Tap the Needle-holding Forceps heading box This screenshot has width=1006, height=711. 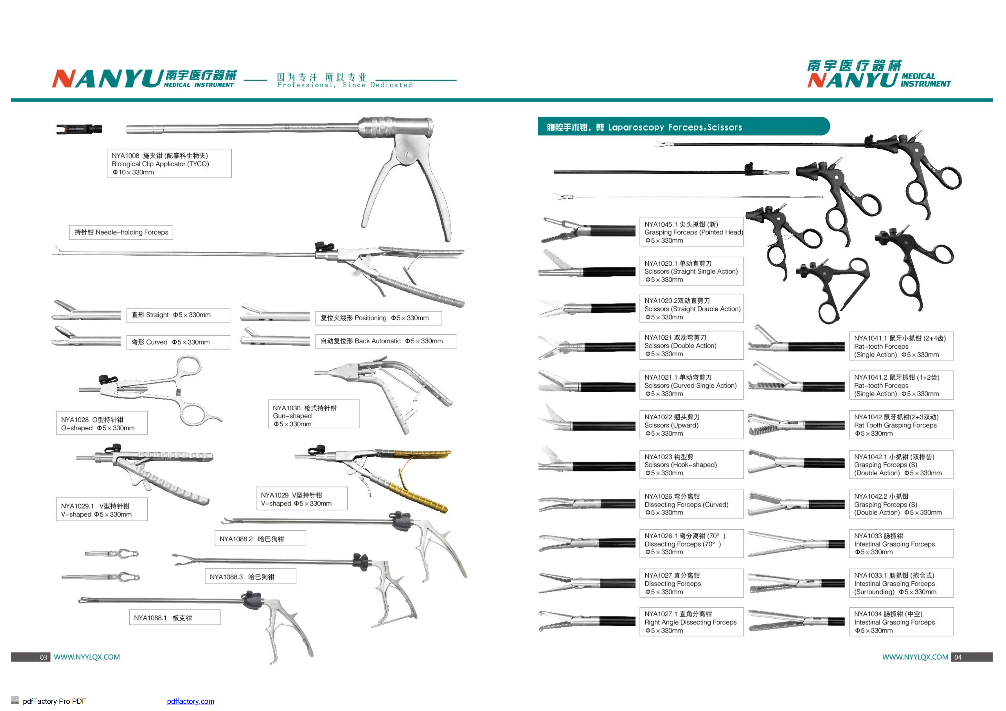tap(121, 233)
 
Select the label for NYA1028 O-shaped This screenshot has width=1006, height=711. tap(102, 423)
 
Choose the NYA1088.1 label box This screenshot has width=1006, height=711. tap(174, 618)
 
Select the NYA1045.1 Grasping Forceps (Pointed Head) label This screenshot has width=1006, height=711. tap(691, 232)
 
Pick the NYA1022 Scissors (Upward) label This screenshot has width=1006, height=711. tap(691, 425)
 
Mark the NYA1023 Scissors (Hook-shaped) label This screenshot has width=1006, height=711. tap(691, 464)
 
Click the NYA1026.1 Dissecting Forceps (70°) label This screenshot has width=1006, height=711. tap(691, 544)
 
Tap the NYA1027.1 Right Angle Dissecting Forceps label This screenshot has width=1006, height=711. tap(691, 622)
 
